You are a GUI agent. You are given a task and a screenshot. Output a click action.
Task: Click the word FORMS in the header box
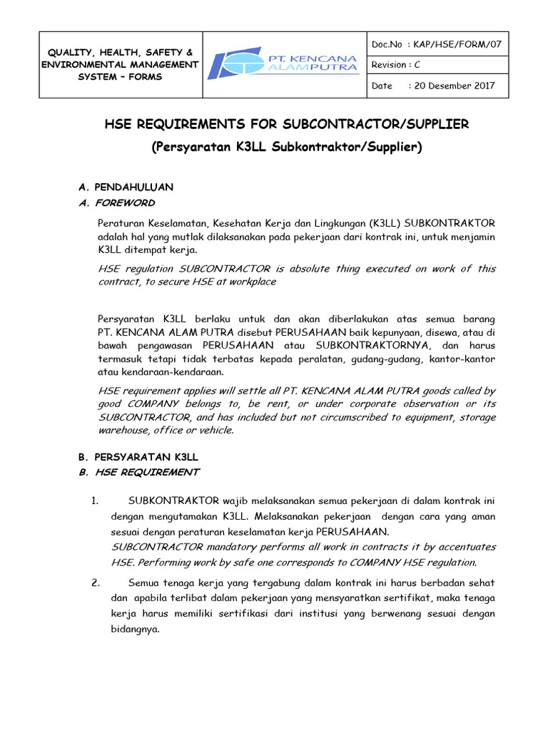[x=145, y=76]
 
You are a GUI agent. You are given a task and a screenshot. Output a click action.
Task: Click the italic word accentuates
[x=462, y=547]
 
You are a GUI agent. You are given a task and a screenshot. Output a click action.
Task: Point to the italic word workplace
[x=250, y=282]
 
